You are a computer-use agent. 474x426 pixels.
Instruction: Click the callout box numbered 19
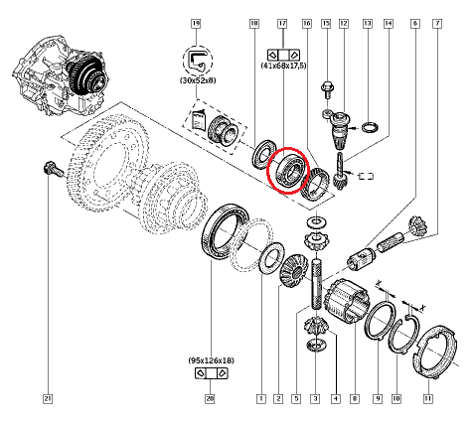pos(196,24)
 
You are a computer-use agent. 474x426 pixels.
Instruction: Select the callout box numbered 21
pos(48,399)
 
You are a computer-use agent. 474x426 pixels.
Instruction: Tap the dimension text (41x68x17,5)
pos(283,66)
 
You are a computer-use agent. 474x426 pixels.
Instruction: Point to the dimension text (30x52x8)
pos(198,80)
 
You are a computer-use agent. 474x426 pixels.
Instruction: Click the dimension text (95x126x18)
pos(211,360)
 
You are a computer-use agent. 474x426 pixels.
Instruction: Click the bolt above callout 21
pos(53,169)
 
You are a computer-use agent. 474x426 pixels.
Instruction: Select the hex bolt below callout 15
pos(327,89)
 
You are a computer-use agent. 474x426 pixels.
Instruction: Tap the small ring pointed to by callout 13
pos(371,127)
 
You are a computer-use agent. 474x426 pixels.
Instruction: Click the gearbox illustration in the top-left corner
pos(59,75)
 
